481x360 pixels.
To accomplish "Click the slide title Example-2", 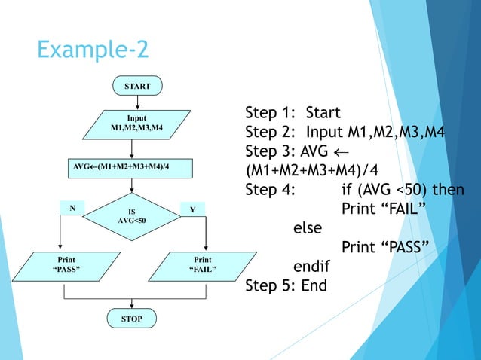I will point(93,50).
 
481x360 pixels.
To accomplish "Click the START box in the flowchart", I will point(136,87).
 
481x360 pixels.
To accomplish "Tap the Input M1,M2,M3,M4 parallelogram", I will point(136,124).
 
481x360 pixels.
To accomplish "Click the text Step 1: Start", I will point(293,113).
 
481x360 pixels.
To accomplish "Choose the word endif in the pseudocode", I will point(311,267).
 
